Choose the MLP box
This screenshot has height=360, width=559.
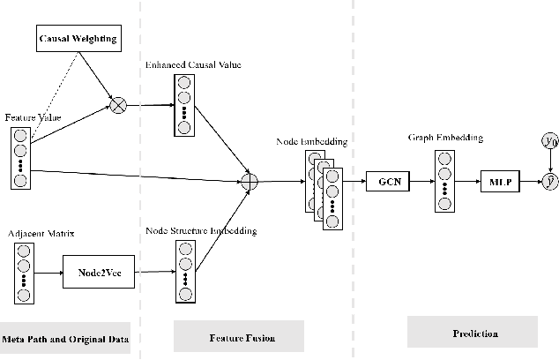(497, 183)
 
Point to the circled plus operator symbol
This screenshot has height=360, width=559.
(250, 182)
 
